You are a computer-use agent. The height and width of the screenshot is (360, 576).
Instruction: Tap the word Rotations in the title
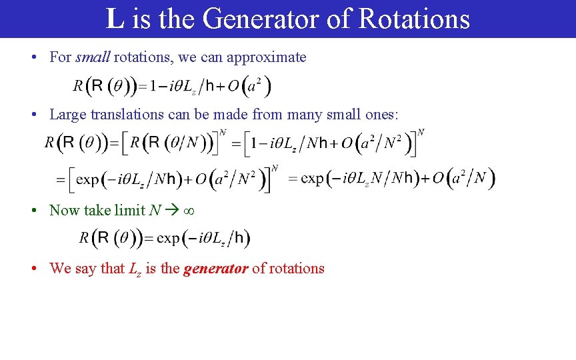pyautogui.click(x=414, y=19)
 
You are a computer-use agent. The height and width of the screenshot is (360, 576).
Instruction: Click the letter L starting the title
pyautogui.click(x=115, y=19)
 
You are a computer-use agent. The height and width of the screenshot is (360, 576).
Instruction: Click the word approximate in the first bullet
pyautogui.click(x=267, y=57)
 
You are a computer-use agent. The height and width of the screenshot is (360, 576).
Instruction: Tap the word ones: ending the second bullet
pyautogui.click(x=380, y=115)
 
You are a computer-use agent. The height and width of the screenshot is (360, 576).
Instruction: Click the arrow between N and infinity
pyautogui.click(x=171, y=211)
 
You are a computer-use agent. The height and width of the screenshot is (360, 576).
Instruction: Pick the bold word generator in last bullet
pyautogui.click(x=215, y=269)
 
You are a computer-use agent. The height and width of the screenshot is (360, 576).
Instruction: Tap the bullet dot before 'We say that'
pyautogui.click(x=34, y=269)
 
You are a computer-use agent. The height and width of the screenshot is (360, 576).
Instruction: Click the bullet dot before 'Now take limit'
pyautogui.click(x=34, y=211)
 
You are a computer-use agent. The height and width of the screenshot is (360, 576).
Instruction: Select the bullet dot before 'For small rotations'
pyautogui.click(x=34, y=57)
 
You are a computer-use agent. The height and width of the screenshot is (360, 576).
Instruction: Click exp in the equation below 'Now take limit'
pyautogui.click(x=168, y=238)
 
